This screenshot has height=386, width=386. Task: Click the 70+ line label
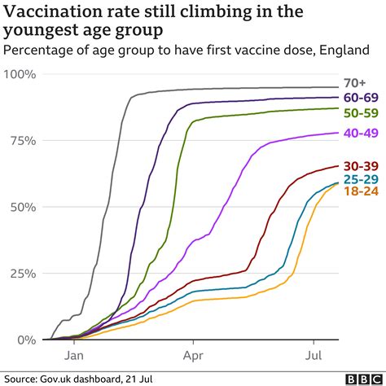[357, 81]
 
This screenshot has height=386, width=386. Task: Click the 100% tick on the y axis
[20, 75]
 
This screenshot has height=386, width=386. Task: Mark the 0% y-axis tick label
[25, 339]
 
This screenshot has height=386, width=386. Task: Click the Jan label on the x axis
[74, 356]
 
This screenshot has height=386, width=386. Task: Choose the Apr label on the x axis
[193, 356]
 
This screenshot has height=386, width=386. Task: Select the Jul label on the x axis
[312, 356]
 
